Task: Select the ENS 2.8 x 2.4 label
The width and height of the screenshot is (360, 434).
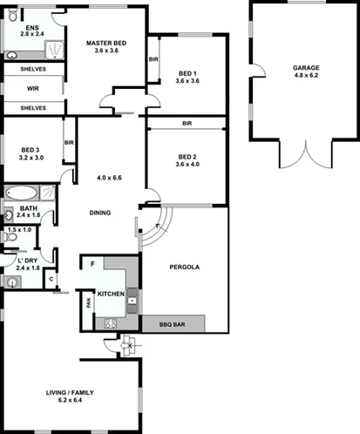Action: (32, 32)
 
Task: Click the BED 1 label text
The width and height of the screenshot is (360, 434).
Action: (187, 76)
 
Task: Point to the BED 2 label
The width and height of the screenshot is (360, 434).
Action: (187, 159)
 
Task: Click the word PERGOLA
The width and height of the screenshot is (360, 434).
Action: (185, 268)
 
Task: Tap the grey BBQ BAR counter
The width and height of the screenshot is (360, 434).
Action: (173, 324)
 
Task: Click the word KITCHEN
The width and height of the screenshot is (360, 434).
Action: (111, 294)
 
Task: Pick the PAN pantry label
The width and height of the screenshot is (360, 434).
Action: (89, 303)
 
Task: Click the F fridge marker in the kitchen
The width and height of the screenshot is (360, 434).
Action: (92, 263)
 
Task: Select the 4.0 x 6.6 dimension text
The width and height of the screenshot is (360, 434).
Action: (108, 178)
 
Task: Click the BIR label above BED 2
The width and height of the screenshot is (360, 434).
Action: (187, 124)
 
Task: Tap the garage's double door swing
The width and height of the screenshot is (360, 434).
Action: (304, 156)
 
